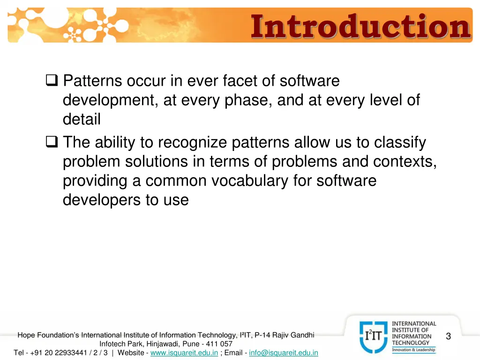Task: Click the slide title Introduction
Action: pyautogui.click(x=360, y=27)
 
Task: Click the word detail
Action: pyautogui.click(x=82, y=120)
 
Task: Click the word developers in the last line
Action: pyautogui.click(x=102, y=200)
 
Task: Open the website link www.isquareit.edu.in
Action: pyautogui.click(x=184, y=352)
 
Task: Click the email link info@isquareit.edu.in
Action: pyautogui.click(x=284, y=352)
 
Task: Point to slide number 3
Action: pyautogui.click(x=448, y=336)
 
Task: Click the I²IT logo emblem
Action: pyautogui.click(x=373, y=337)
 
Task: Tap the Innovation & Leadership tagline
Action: pyautogui.click(x=413, y=350)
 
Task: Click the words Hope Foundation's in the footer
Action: pyautogui.click(x=48, y=335)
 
